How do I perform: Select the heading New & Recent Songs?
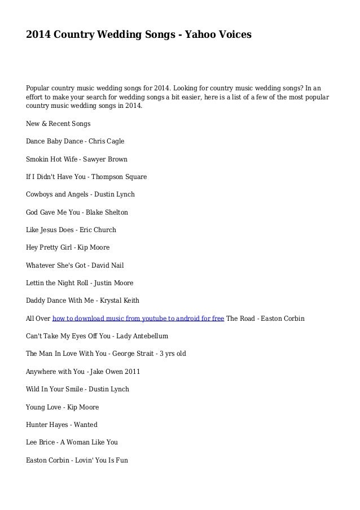pyautogui.click(x=58, y=123)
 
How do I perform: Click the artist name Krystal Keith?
pyautogui.click(x=119, y=300)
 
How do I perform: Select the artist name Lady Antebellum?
pyautogui.click(x=142, y=336)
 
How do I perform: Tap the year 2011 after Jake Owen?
pyautogui.click(x=133, y=372)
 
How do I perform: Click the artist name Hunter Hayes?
pyautogui.click(x=47, y=424)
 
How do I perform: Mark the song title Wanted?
pyautogui.click(x=85, y=424)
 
